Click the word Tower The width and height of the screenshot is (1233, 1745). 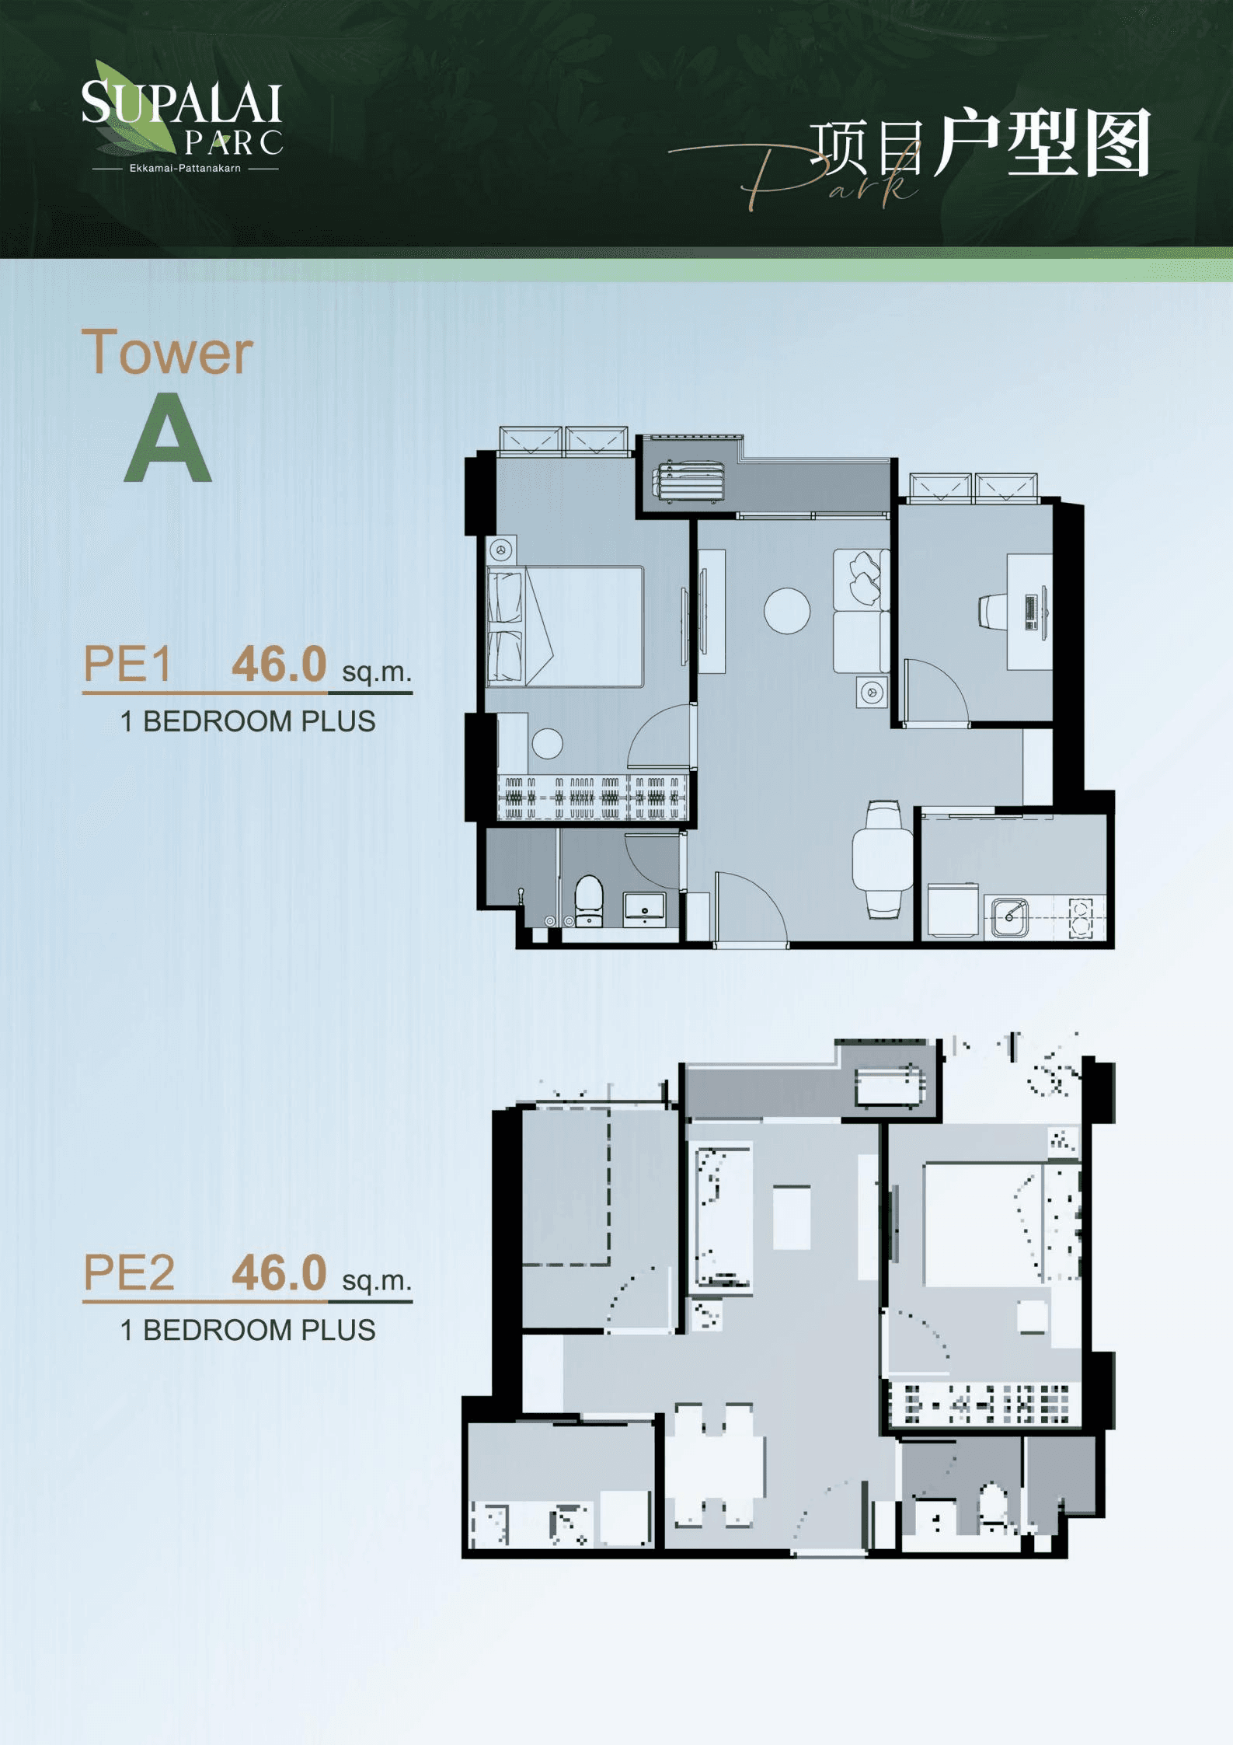point(167,352)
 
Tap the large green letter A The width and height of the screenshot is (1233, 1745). point(168,437)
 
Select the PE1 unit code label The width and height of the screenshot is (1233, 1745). point(127,664)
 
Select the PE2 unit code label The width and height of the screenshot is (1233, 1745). point(129,1272)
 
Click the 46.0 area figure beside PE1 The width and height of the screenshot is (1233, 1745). point(279,664)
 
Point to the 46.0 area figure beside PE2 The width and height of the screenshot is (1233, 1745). point(279,1272)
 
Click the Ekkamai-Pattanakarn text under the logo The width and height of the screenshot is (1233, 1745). point(185,168)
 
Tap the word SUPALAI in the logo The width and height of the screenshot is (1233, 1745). point(181,103)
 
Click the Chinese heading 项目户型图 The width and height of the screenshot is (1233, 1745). point(980,143)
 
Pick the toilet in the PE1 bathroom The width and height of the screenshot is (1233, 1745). point(588,901)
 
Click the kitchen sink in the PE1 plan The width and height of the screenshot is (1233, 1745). point(1010,917)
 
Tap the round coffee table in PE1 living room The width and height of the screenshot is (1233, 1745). point(787,610)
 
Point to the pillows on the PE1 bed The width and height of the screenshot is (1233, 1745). point(505,626)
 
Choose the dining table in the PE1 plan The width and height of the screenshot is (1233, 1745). point(883,859)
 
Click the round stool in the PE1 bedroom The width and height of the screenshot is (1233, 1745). point(547,744)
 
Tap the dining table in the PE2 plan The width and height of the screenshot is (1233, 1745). point(715,1464)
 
